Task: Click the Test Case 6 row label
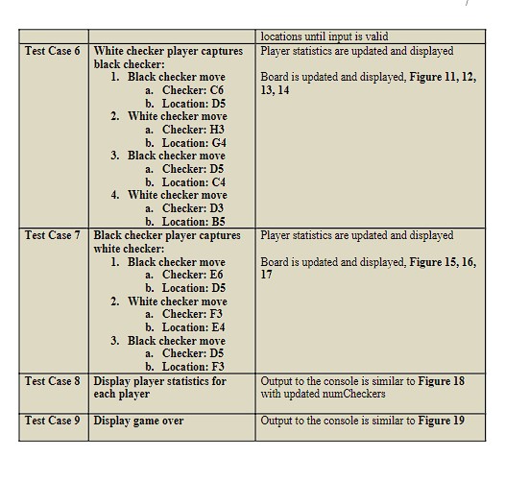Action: coord(53,51)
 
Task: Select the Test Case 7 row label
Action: coord(53,235)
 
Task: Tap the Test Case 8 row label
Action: coord(53,381)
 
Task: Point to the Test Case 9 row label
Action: coord(53,421)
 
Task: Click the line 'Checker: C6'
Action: coord(193,90)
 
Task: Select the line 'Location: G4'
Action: coord(194,142)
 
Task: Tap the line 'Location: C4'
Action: coord(194,182)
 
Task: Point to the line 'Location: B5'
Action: coord(194,222)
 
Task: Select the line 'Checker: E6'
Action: coord(193,275)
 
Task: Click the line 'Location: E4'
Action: coord(194,327)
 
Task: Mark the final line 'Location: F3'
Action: coord(194,367)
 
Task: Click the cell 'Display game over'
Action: coord(138,421)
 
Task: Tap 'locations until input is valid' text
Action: coord(324,36)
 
